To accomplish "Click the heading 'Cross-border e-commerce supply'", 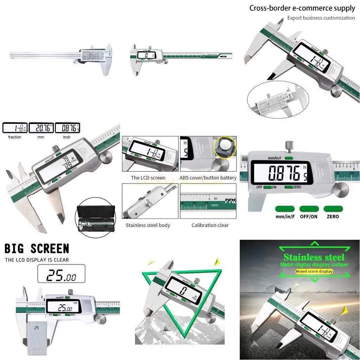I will [302, 8].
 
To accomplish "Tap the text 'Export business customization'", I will [321, 18].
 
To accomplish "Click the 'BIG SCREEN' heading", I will [37, 249].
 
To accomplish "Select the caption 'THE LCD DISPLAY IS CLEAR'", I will [37, 260].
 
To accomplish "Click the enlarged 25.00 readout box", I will [61, 274].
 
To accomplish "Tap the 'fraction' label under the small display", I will [15, 137].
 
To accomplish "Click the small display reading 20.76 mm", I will [41, 128].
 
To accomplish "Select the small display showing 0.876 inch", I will [67, 128].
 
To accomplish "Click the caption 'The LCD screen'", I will [148, 178].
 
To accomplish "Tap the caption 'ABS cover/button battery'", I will [208, 178].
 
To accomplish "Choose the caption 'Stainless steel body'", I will [148, 225].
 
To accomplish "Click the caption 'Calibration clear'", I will [210, 225].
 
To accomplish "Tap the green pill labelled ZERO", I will [333, 209].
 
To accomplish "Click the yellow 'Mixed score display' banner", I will [314, 271].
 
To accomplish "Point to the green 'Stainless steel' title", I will [314, 257].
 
